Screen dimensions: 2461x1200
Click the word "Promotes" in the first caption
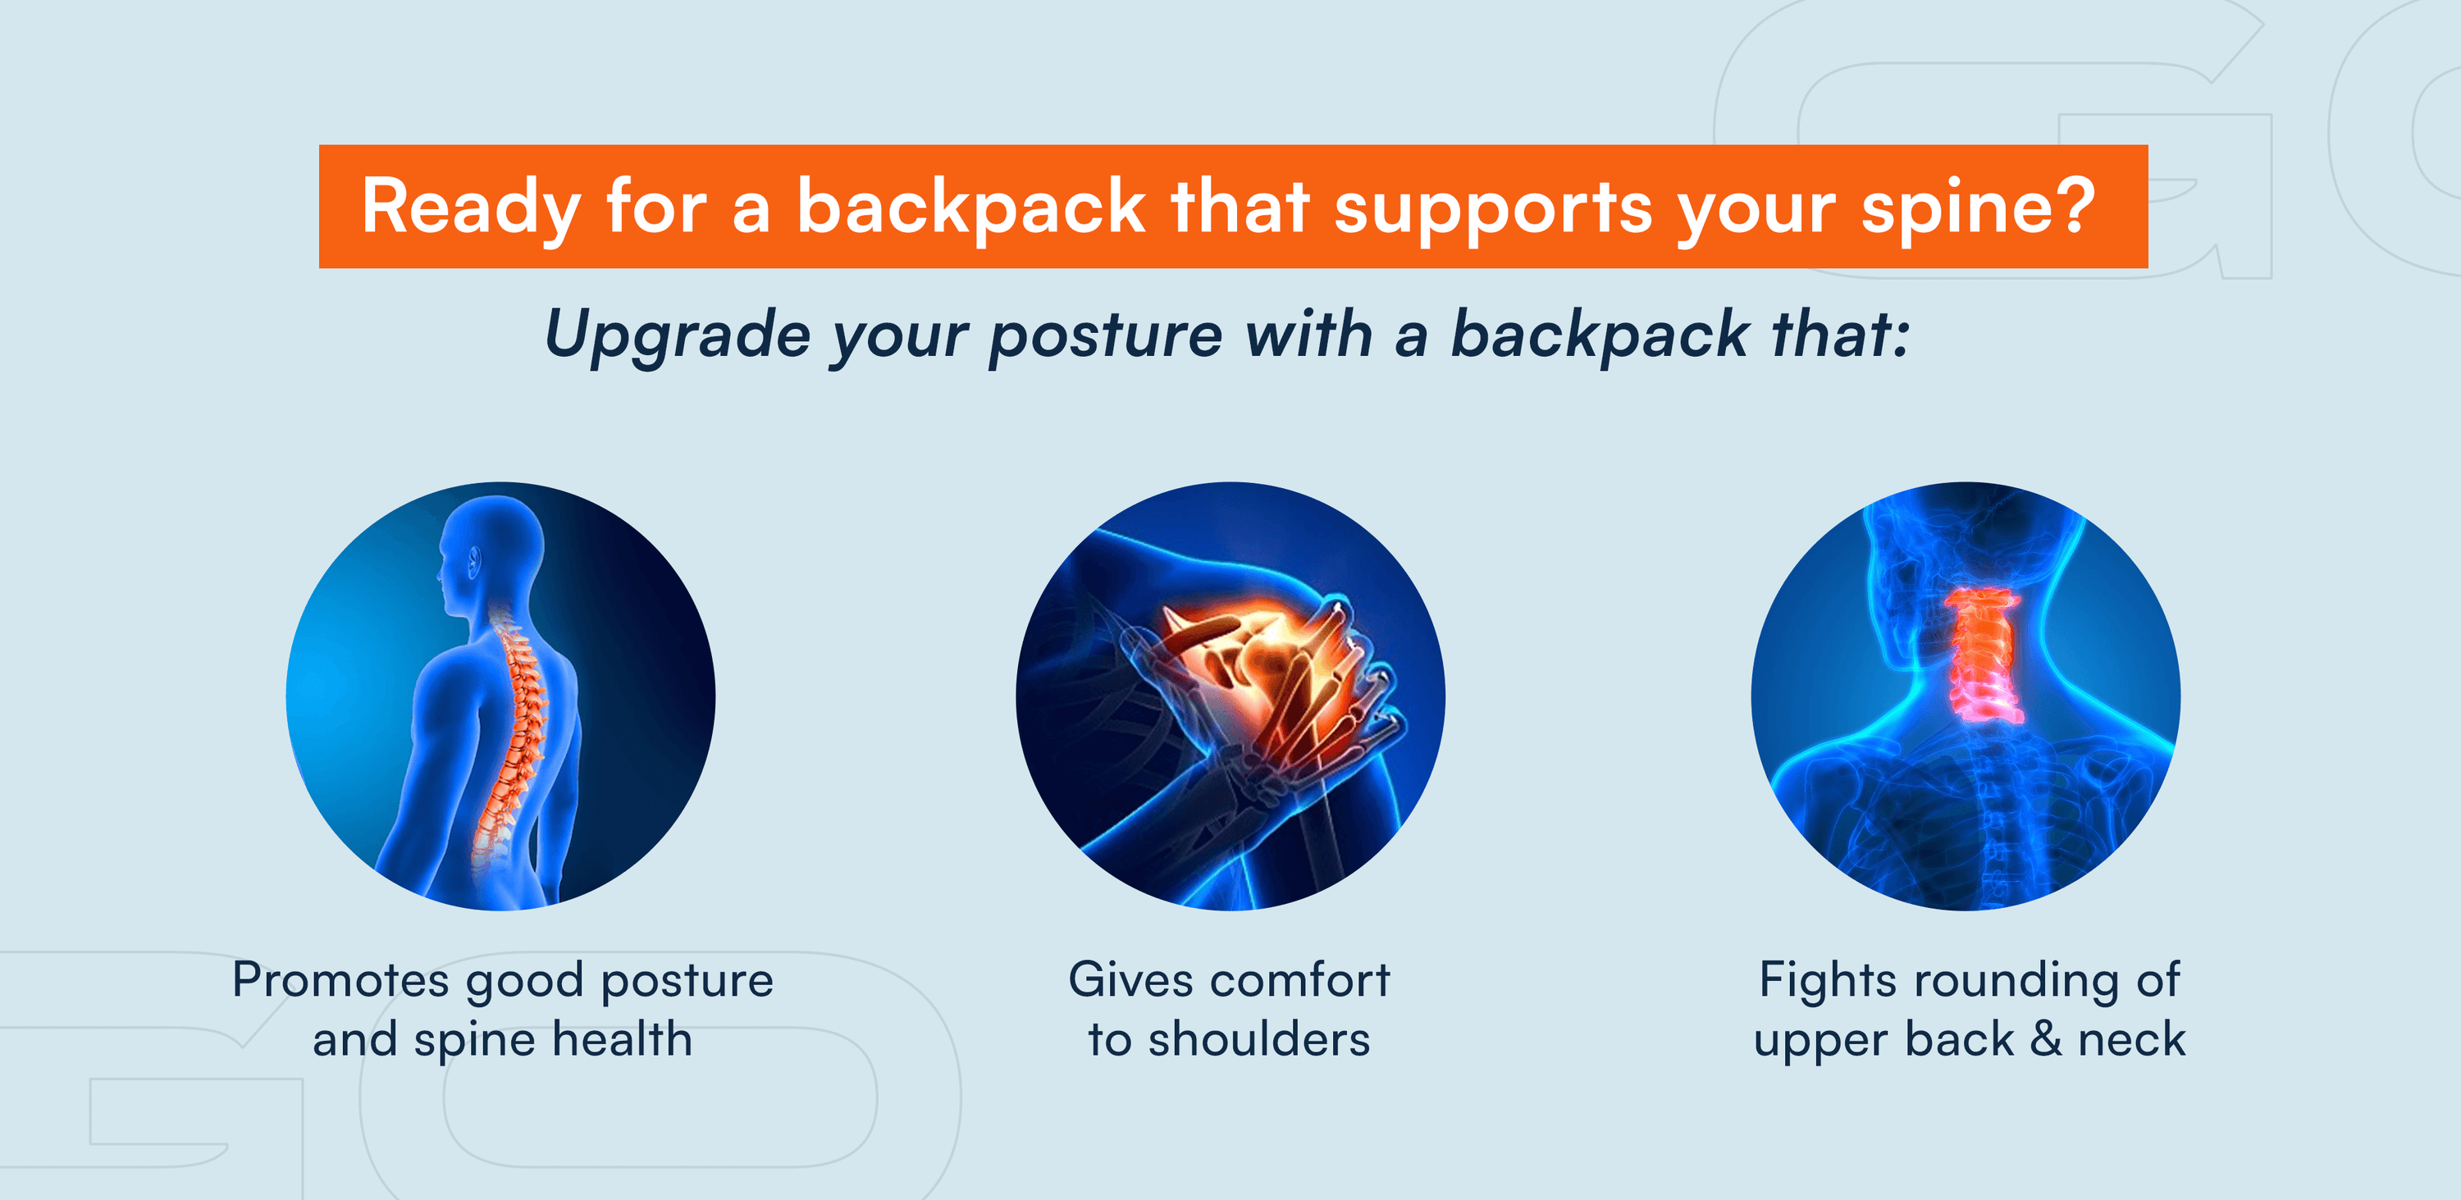click(341, 980)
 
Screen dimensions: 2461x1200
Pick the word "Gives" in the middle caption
click(1131, 980)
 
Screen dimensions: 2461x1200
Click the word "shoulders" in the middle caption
click(1259, 1039)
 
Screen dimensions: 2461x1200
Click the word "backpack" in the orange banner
click(970, 209)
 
